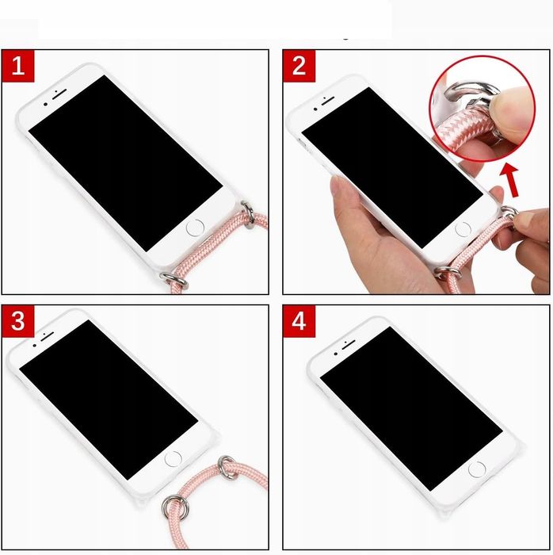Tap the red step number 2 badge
(x=299, y=66)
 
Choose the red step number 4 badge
(x=299, y=322)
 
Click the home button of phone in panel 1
(x=194, y=229)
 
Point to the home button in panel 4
(x=476, y=469)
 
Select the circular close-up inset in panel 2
(x=488, y=105)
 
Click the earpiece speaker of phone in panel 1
(x=58, y=93)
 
